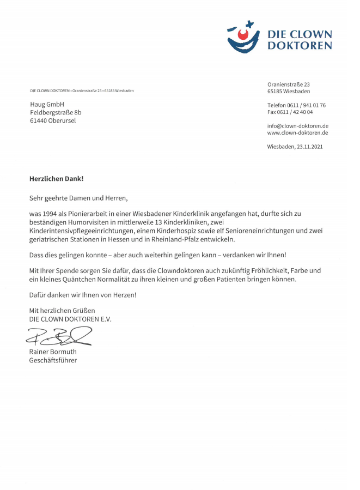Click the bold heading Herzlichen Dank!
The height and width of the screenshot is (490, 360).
(x=57, y=178)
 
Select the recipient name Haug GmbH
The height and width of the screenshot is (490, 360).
(x=47, y=104)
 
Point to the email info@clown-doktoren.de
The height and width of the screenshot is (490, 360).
(x=297, y=125)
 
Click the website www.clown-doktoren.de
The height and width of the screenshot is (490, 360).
(x=297, y=132)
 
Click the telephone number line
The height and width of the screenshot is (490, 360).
(x=296, y=105)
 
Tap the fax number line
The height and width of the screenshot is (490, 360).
(x=290, y=112)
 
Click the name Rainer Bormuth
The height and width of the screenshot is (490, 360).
(x=53, y=352)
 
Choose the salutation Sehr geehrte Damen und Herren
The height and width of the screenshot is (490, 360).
(x=78, y=198)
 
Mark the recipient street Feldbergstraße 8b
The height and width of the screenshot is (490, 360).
(x=56, y=112)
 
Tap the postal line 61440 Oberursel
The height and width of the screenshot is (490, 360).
(x=53, y=120)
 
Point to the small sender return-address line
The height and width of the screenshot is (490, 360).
(x=82, y=90)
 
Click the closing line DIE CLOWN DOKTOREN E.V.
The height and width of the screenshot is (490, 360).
(x=70, y=319)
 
